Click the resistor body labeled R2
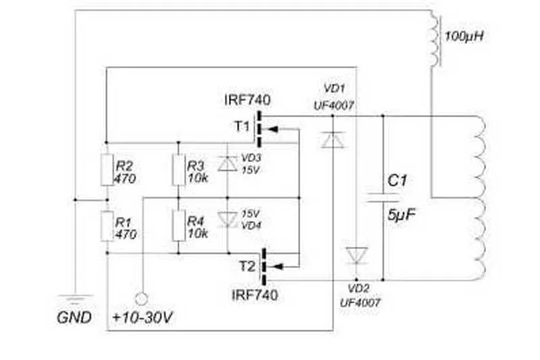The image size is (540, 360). click(107, 170)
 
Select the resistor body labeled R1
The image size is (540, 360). click(107, 226)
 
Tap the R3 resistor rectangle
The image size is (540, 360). click(178, 170)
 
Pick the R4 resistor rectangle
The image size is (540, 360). click(178, 226)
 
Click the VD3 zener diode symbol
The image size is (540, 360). click(227, 163)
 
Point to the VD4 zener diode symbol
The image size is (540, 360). click(227, 220)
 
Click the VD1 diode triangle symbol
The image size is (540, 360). click(333, 140)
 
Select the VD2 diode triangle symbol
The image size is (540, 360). click(357, 255)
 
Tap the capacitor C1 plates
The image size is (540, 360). click(383, 197)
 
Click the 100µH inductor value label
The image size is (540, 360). click(464, 36)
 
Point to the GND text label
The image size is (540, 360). click(74, 317)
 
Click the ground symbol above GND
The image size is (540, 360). click(75, 299)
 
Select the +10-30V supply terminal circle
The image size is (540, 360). click(141, 299)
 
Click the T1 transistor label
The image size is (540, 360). click(242, 126)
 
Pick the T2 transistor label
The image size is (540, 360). click(247, 266)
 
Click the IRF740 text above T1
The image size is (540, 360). click(247, 100)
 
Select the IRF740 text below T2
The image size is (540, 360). click(254, 295)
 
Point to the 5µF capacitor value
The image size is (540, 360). click(401, 215)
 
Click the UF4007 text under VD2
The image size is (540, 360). click(360, 303)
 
